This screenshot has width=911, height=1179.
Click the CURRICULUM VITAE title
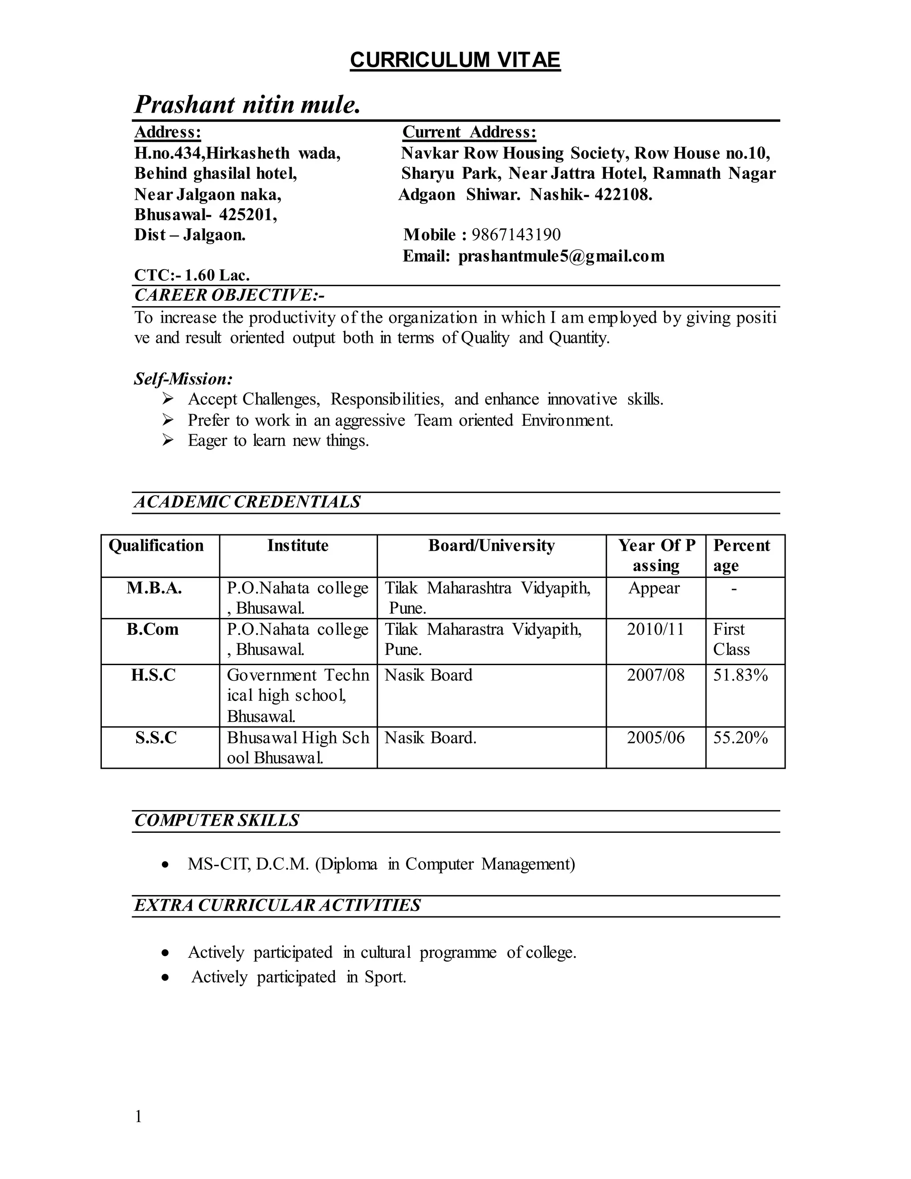click(x=455, y=60)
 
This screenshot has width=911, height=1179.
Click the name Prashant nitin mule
click(x=247, y=104)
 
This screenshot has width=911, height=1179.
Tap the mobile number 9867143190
click(x=516, y=235)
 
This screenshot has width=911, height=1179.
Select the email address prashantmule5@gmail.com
click(x=561, y=256)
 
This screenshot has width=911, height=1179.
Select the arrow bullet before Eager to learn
click(x=168, y=440)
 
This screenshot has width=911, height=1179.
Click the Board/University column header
click(x=491, y=546)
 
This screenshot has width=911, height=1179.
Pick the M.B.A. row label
click(x=154, y=588)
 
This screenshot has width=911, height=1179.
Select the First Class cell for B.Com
click(x=731, y=639)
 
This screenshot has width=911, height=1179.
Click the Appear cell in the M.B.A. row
click(x=653, y=588)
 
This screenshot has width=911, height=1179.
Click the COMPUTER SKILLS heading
click(x=217, y=820)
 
